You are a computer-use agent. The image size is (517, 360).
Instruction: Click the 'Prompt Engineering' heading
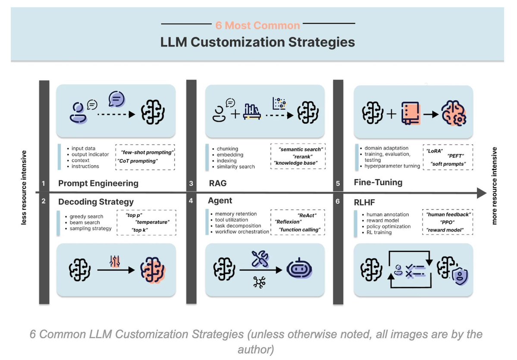(x=98, y=183)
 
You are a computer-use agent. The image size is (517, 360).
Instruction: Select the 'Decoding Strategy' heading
(x=96, y=202)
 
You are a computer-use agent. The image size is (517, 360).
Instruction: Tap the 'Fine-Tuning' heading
(x=378, y=182)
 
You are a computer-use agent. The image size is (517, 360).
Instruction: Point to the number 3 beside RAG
(x=191, y=184)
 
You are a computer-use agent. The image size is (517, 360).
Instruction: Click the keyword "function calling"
(x=300, y=229)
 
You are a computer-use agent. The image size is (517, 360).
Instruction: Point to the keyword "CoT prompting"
(x=138, y=161)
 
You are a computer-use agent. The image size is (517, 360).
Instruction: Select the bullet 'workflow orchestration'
(x=242, y=232)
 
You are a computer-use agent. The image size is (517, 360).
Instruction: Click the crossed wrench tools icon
(x=260, y=259)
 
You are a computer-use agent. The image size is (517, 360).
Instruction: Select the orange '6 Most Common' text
(x=257, y=25)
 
